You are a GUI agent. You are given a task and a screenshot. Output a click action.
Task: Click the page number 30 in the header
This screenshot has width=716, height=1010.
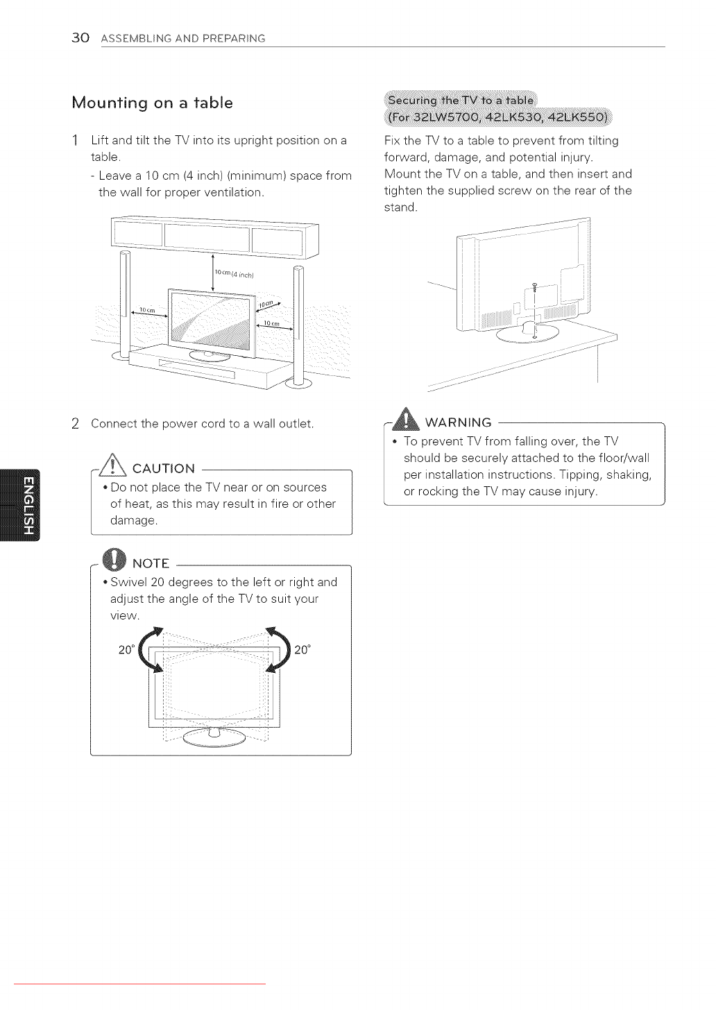coord(80,37)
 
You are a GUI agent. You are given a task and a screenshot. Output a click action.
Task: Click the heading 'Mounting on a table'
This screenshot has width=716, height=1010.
coord(152,103)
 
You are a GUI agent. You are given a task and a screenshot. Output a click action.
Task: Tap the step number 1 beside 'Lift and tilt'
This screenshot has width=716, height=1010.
coord(75,140)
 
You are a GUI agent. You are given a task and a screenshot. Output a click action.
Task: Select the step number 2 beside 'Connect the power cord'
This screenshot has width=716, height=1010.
coord(75,424)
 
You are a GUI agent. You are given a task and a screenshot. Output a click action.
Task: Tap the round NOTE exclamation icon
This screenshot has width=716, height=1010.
coord(114,560)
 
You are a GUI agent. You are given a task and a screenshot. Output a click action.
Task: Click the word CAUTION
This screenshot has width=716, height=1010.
coord(164,469)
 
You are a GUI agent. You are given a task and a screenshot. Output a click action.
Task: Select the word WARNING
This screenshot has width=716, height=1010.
coord(458,422)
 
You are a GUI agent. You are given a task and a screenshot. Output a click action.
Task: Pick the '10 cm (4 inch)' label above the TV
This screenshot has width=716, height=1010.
coord(234,273)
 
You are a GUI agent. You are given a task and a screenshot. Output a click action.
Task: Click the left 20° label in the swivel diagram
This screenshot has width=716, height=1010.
coord(126,650)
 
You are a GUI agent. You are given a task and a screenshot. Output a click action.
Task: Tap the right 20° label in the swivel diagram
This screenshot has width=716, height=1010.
coord(302,650)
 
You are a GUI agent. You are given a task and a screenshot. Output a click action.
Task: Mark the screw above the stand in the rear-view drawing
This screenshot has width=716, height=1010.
coord(535,286)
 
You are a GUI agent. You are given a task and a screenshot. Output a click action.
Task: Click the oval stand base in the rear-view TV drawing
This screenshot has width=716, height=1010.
coord(528,334)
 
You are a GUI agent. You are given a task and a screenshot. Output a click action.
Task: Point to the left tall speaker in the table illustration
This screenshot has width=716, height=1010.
coord(125,305)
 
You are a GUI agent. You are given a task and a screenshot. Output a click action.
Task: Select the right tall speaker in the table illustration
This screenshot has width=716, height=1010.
coord(299,323)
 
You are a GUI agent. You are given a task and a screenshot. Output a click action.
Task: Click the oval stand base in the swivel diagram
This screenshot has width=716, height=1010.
coord(214,737)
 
